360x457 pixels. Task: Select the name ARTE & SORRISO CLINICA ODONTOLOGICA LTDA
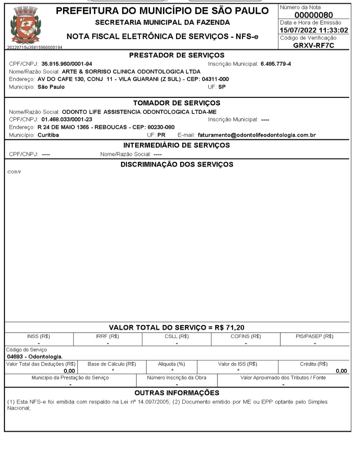(x=131, y=72)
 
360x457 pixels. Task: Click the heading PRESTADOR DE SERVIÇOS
(x=177, y=55)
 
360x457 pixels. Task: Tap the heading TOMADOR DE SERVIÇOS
(x=177, y=103)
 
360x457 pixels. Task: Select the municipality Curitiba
(x=48, y=135)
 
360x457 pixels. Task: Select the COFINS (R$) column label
(x=246, y=336)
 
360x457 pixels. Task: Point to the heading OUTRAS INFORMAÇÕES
(x=177, y=393)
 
